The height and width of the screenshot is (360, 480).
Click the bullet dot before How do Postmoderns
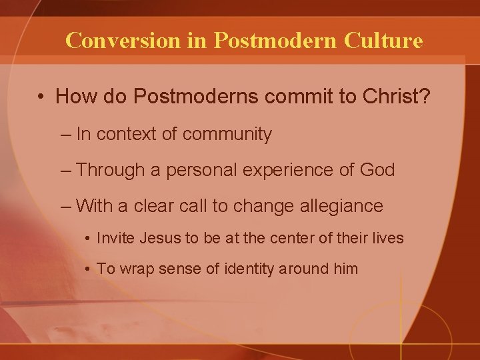pyautogui.click(x=41, y=97)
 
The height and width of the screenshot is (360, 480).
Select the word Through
pyautogui.click(x=109, y=170)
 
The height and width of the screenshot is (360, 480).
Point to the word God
pyautogui.click(x=376, y=170)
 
